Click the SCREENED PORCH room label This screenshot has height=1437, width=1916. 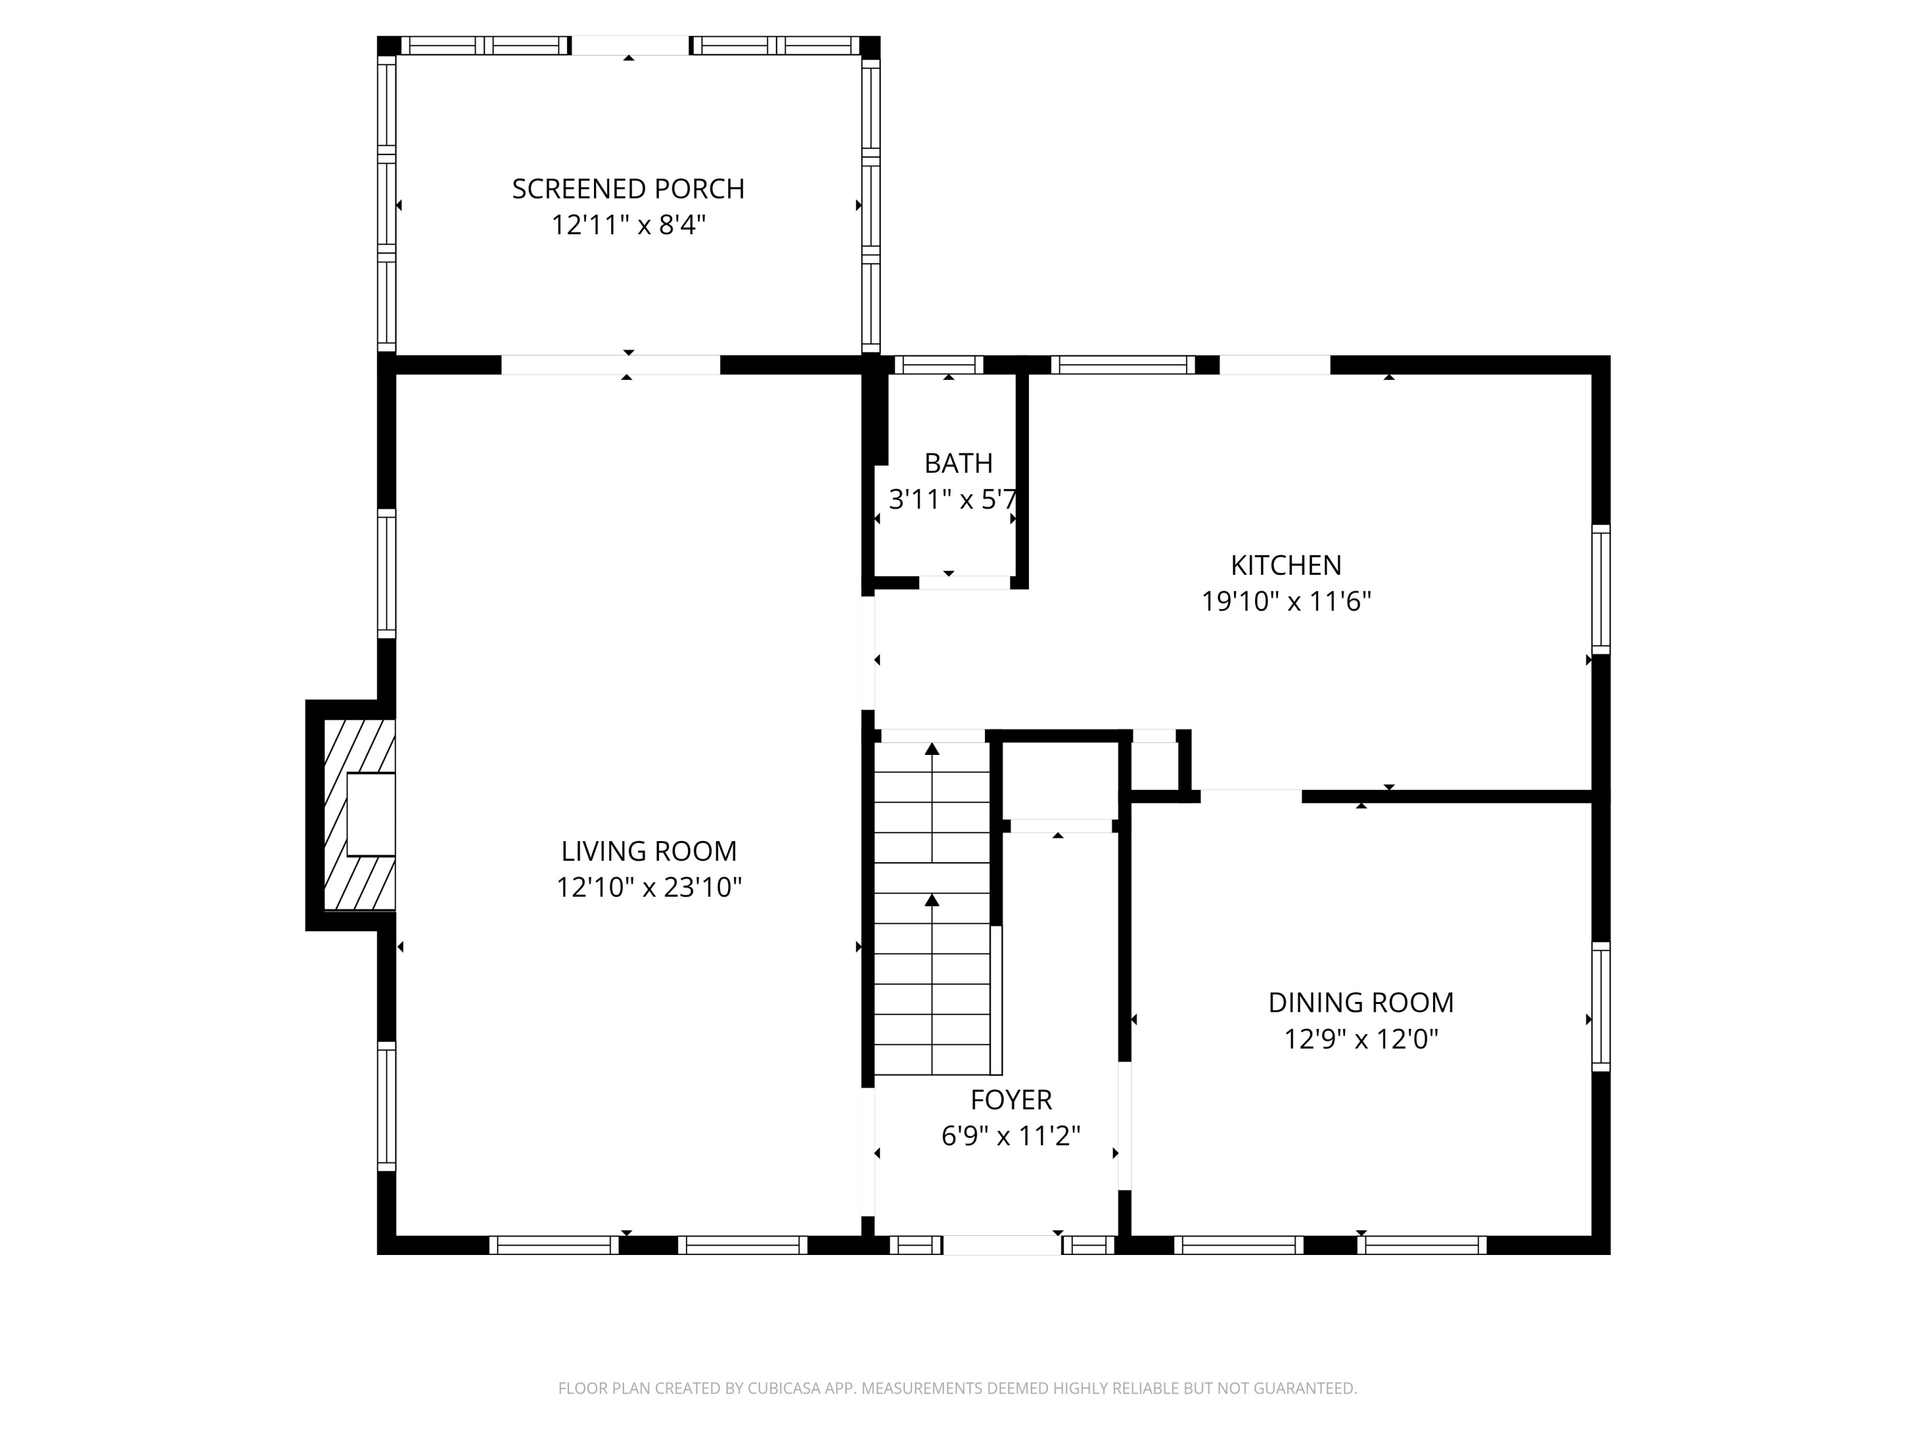[628, 189]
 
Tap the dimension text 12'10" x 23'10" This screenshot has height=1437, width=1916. [649, 888]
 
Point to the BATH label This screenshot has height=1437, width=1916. [958, 464]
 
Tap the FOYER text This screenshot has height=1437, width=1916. [1011, 1099]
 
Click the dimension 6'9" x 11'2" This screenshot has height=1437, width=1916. [1011, 1136]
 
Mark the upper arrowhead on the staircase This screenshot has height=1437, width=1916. [932, 749]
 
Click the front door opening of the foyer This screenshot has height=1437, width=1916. [1001, 1245]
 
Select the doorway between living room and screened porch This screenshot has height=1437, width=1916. [611, 365]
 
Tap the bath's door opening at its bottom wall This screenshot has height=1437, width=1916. [964, 582]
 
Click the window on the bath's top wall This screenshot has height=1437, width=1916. [938, 365]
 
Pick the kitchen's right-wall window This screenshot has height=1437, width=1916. [1600, 589]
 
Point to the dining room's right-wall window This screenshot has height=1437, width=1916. [1600, 1007]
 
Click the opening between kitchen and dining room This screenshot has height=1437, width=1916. [1250, 796]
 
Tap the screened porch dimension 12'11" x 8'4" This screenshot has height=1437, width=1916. [628, 225]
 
